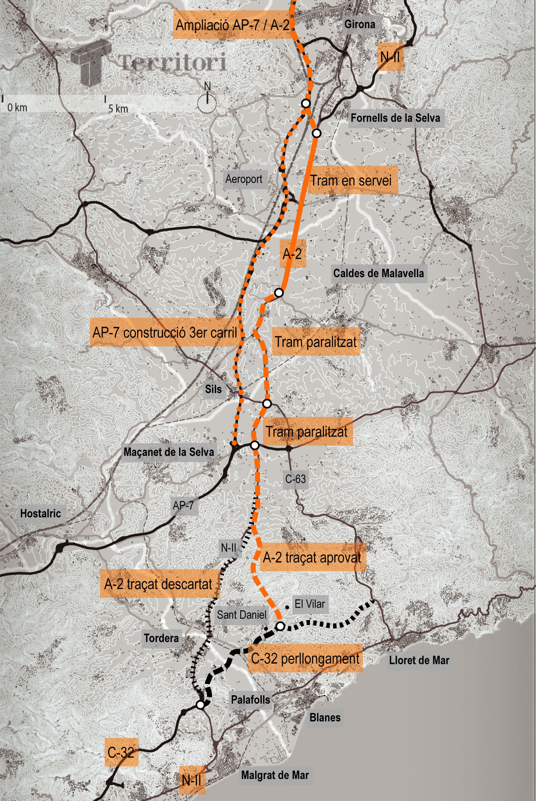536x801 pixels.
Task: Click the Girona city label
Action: click(x=360, y=24)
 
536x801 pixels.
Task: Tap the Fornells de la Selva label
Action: click(x=395, y=118)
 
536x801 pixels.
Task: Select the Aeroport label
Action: click(x=244, y=179)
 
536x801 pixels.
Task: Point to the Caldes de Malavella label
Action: click(x=378, y=273)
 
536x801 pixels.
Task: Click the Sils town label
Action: click(x=213, y=389)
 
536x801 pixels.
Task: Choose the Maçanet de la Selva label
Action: click(x=169, y=452)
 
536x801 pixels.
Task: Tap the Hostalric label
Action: click(x=41, y=513)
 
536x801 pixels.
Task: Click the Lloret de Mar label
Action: click(x=419, y=660)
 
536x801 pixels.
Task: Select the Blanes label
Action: click(x=325, y=718)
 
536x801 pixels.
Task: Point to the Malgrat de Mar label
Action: click(x=275, y=775)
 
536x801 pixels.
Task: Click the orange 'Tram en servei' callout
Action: click(x=351, y=180)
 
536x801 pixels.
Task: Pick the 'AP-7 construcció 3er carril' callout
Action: click(x=165, y=332)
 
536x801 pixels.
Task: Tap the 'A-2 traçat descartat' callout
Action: click(x=158, y=584)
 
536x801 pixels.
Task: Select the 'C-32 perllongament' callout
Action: click(x=305, y=658)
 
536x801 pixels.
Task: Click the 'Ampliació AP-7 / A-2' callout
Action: click(x=232, y=25)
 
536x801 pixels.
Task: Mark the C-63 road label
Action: click(x=295, y=479)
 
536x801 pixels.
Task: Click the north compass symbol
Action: click(x=207, y=101)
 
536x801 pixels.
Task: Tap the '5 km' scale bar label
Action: click(x=118, y=109)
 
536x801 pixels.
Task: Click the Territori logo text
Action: click(x=172, y=62)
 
